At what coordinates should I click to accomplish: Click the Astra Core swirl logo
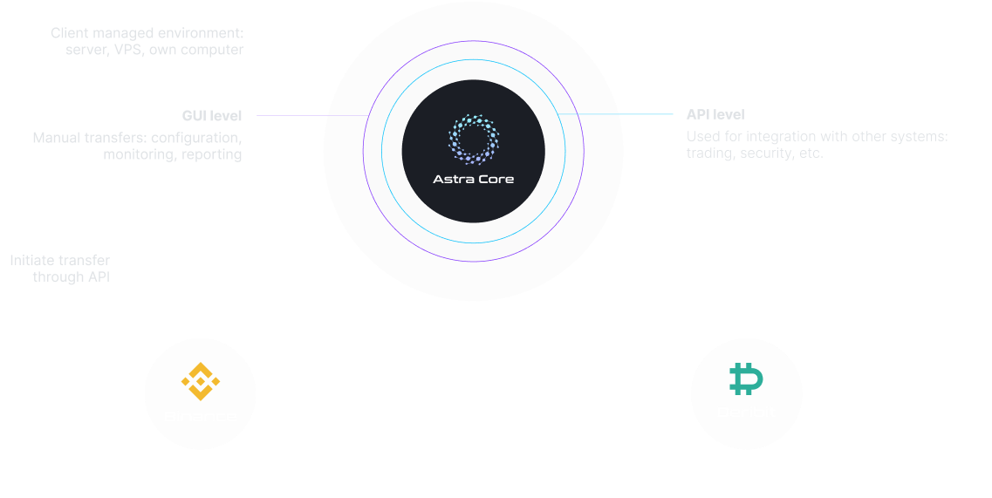474,140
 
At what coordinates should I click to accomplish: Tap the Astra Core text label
474,180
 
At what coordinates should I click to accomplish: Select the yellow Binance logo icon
201,377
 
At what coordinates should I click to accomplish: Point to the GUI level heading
211,115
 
